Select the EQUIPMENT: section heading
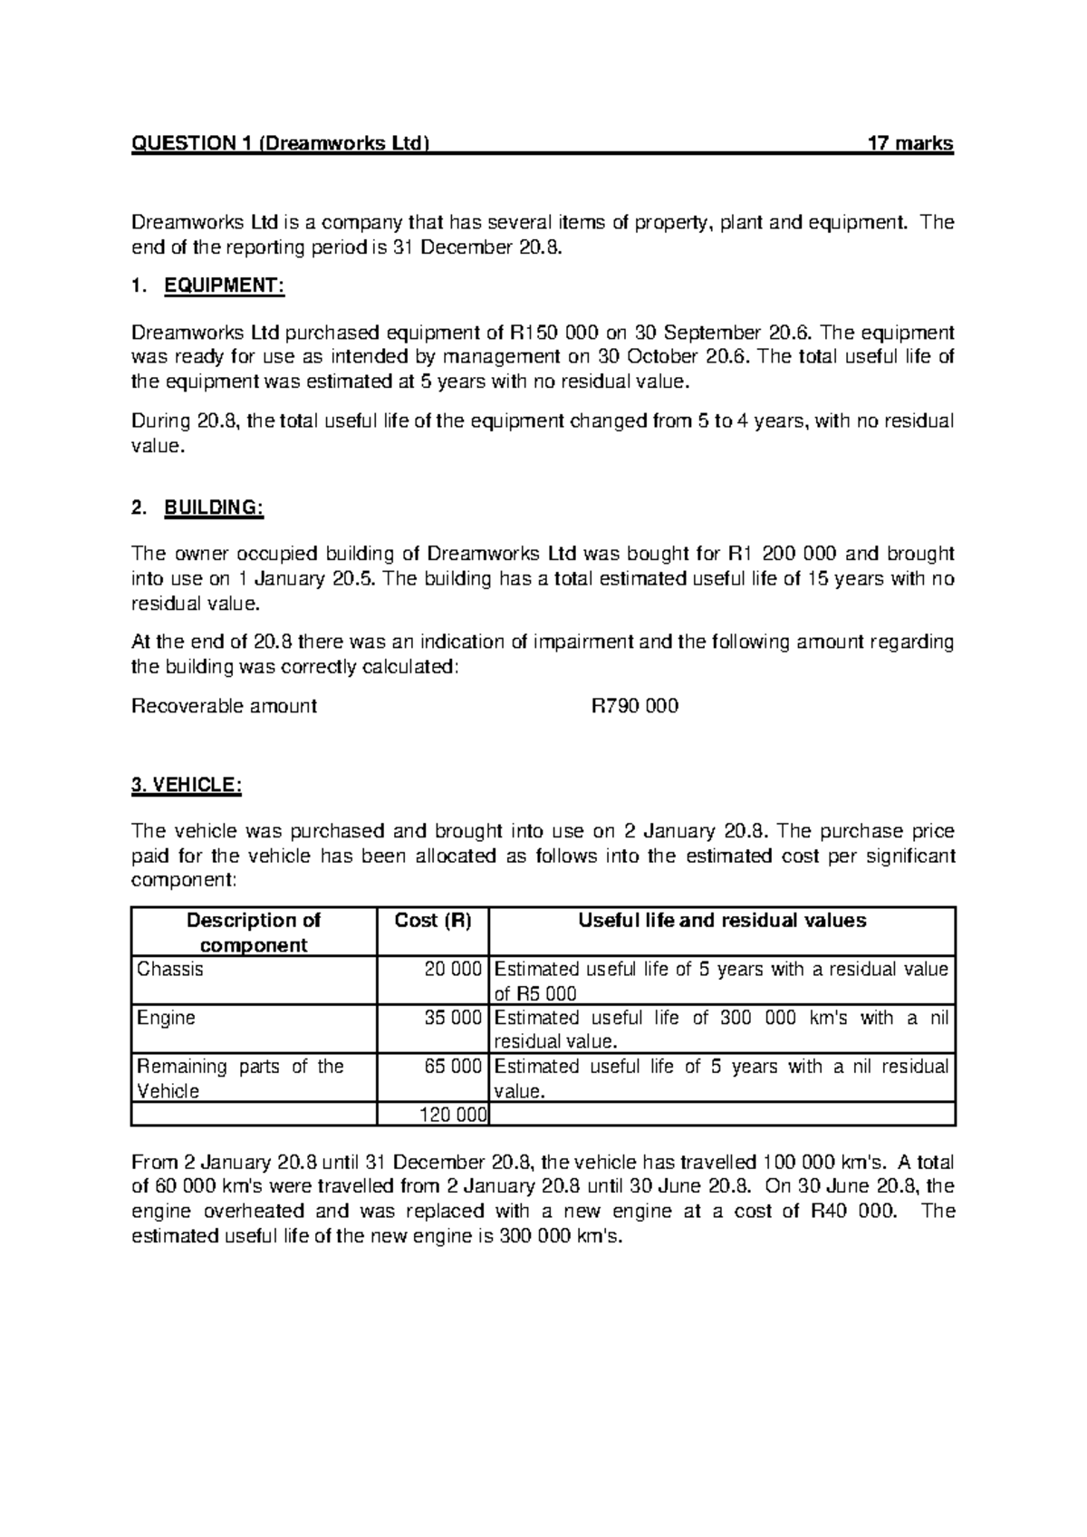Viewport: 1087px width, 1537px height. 224,286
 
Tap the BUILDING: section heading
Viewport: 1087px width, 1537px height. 213,507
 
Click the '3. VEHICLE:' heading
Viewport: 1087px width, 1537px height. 187,786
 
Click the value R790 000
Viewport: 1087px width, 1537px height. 634,705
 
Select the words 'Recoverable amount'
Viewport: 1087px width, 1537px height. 224,705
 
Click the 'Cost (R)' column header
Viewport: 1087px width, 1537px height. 433,921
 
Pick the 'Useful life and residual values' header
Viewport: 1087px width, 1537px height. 722,921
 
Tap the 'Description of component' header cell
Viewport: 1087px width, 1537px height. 253,933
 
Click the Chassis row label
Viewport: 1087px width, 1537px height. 169,970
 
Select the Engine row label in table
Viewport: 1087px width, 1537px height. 166,1018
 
